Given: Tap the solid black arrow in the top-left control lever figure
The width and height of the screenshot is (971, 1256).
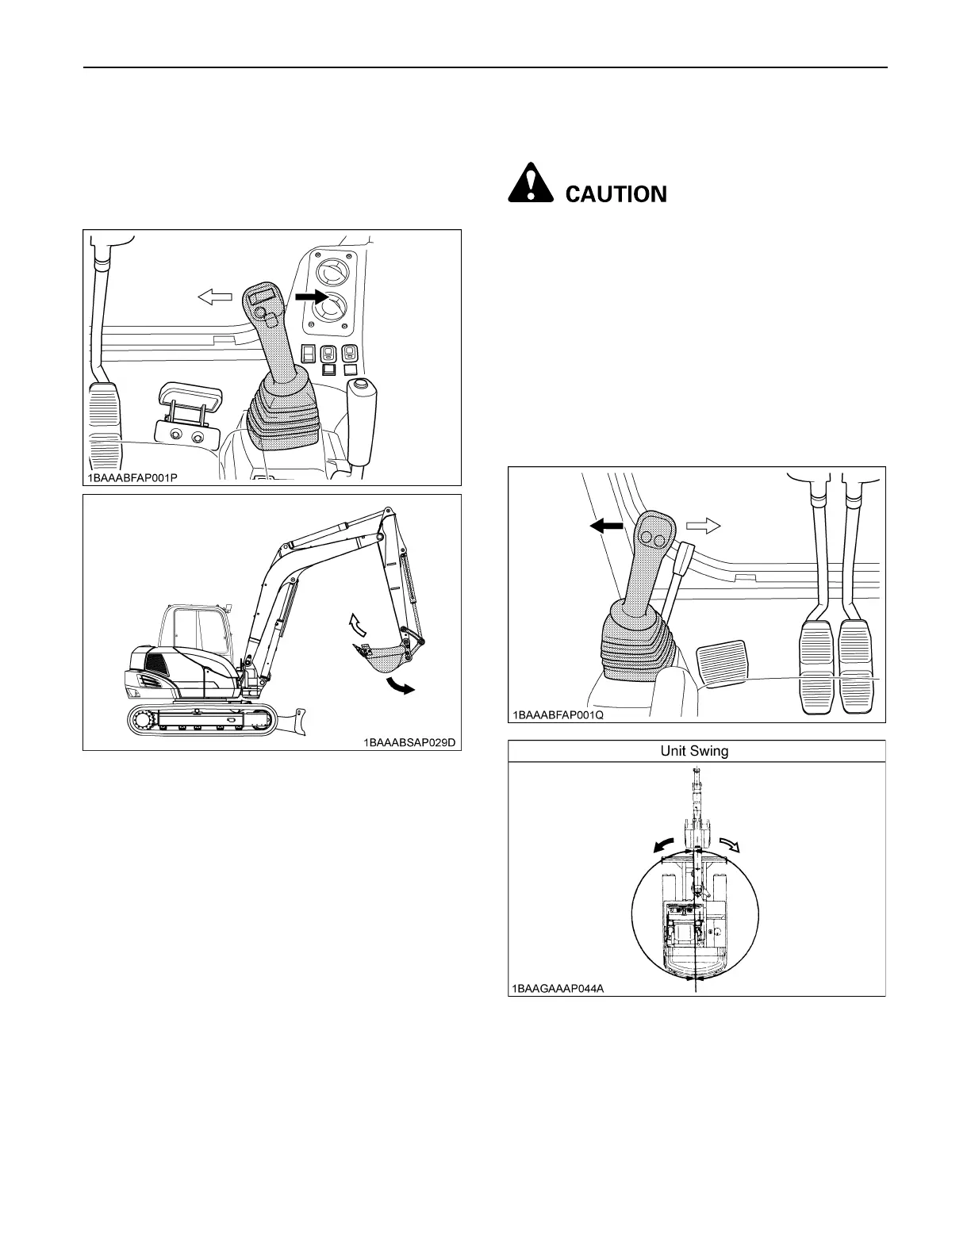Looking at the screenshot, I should click(x=310, y=297).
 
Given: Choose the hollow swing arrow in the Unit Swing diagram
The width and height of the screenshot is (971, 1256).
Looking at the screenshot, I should click(x=729, y=844).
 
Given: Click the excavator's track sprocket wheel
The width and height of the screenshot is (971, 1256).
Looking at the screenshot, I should click(x=145, y=720).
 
